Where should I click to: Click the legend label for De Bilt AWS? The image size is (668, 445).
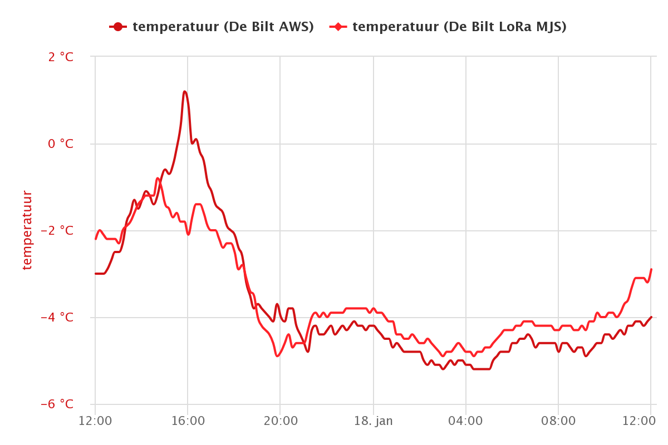click(223, 27)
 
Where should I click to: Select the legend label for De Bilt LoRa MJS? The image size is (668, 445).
click(460, 27)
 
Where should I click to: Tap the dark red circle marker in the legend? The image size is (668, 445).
click(118, 27)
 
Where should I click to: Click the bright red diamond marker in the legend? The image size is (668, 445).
click(338, 27)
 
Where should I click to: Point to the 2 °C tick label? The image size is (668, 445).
click(61, 57)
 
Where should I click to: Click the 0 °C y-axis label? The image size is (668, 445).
click(61, 144)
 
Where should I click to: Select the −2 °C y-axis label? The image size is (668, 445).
click(57, 230)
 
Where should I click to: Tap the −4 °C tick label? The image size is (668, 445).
click(57, 317)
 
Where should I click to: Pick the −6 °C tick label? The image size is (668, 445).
click(57, 404)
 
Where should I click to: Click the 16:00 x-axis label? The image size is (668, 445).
click(188, 421)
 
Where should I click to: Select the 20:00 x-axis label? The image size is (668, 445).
click(281, 421)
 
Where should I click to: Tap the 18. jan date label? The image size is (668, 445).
click(373, 421)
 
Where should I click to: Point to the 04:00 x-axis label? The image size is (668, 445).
click(465, 421)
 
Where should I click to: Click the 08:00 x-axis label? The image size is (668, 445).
click(558, 421)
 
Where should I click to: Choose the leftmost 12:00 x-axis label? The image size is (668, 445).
click(95, 421)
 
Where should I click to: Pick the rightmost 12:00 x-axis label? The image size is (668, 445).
click(639, 421)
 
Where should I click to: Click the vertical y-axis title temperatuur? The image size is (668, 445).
click(27, 230)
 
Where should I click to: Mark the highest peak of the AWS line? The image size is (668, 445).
click(185, 92)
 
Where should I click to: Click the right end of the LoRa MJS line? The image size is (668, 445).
click(651, 269)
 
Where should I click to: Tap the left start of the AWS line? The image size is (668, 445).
click(95, 274)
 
